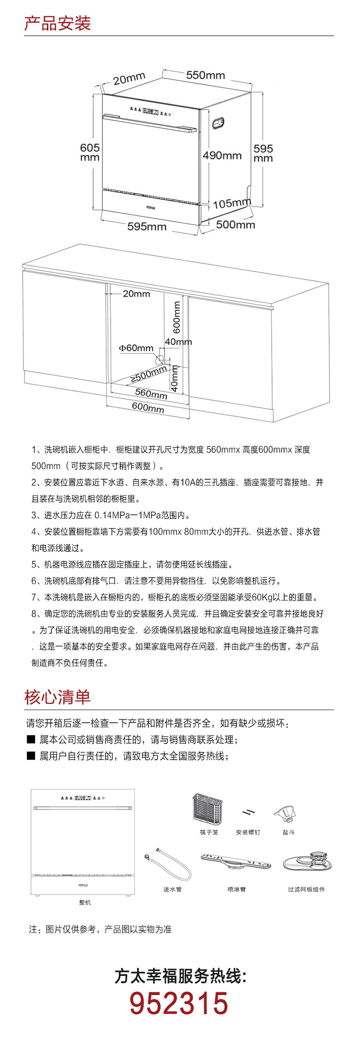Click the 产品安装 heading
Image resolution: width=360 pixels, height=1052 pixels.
click(x=57, y=23)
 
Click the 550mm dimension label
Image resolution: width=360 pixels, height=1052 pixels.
click(x=205, y=75)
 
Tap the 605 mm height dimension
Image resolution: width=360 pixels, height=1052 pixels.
click(x=90, y=152)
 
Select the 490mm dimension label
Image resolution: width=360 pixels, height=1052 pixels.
click(x=222, y=155)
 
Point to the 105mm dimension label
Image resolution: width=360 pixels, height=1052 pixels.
click(x=232, y=204)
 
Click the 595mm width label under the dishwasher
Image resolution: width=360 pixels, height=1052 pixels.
click(x=147, y=227)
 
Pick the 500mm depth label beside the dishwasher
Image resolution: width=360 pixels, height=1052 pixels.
click(x=235, y=225)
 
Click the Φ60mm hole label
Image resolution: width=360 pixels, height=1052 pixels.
click(x=136, y=348)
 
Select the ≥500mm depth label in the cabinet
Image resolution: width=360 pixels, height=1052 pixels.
click(x=149, y=374)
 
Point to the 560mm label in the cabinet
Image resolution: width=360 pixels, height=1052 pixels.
click(x=151, y=393)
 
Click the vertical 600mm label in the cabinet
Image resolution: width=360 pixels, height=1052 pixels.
click(x=177, y=317)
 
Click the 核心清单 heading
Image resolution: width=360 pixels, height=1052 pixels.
click(x=57, y=697)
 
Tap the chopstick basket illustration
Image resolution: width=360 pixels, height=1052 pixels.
click(x=208, y=809)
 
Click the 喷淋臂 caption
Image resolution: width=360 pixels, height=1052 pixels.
click(x=236, y=890)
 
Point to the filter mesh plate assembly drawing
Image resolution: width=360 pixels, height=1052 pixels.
click(x=308, y=863)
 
